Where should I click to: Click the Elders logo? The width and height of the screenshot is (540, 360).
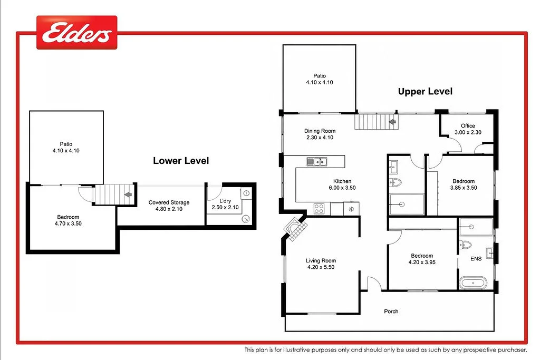point(77,32)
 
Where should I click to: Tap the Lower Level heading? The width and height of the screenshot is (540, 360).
point(181,161)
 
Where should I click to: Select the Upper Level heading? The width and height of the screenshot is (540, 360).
point(425,92)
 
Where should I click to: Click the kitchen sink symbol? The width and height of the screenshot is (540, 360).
point(316,161)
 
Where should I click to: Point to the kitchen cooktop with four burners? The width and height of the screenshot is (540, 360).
point(319,209)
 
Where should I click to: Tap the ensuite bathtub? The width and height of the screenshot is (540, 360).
point(473,283)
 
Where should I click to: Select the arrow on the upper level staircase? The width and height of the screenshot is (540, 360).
point(392,122)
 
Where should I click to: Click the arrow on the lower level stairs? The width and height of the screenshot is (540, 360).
point(128,195)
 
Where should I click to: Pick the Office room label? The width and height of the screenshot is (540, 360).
point(468,126)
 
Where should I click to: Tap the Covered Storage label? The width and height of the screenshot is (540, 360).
point(169,202)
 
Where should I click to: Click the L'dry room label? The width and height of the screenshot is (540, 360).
point(225,201)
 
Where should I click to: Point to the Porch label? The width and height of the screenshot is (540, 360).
point(391,312)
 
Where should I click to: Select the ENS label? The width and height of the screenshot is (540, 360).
point(476,259)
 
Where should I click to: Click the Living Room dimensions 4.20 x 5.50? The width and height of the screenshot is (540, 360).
point(321,267)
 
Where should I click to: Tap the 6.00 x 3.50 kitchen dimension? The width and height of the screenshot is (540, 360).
point(342,188)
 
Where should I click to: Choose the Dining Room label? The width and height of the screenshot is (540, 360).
point(320,131)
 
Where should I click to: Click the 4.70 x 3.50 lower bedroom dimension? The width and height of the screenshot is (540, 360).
point(68,223)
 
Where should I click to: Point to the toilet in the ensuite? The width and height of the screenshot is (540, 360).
point(465,245)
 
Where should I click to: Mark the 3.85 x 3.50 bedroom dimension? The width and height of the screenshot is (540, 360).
point(464,188)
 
